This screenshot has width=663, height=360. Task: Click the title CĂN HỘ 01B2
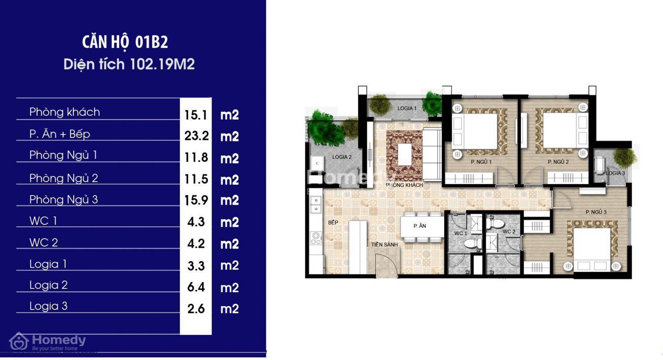point(125,42)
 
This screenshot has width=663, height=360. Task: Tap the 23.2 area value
point(196,136)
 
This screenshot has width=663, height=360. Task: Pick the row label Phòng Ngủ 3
point(63,200)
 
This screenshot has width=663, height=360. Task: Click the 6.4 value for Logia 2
point(196,287)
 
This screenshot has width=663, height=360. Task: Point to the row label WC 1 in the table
point(43,221)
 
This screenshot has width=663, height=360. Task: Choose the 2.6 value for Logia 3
point(196,309)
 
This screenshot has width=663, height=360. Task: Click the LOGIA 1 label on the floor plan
point(407,108)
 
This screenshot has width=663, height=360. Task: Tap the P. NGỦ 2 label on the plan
point(558,162)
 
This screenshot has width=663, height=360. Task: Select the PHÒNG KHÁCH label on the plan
point(404,185)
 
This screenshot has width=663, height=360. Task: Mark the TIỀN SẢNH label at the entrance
point(385,245)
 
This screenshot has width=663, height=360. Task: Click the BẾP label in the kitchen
point(333,222)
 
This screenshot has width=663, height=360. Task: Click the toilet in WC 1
point(472,244)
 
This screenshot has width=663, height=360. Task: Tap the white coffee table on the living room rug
point(404,155)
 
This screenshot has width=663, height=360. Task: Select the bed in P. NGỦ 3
point(592,249)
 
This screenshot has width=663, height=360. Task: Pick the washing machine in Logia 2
point(317,163)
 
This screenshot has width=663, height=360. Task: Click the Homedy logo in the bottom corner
point(47,342)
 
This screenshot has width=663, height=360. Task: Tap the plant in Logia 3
point(625,157)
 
